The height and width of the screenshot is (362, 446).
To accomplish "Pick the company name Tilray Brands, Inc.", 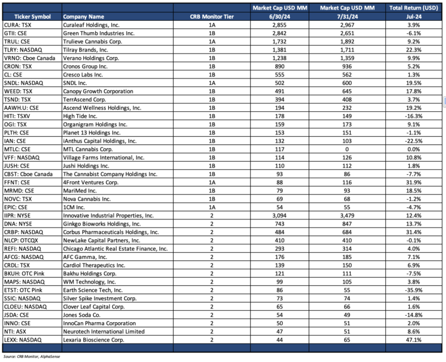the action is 87,52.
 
